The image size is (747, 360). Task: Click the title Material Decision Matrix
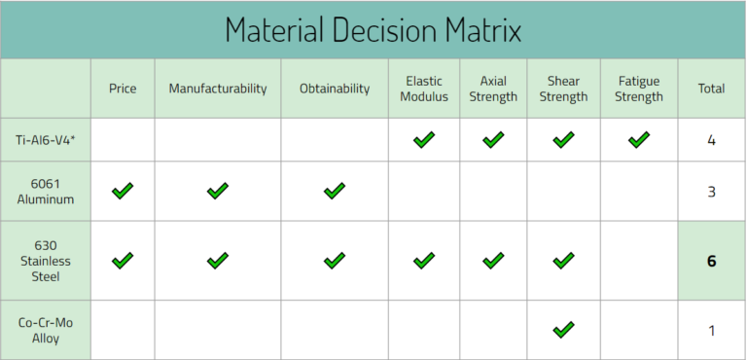[373, 29]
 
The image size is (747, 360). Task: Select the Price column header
[123, 89]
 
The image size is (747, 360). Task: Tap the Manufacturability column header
[217, 89]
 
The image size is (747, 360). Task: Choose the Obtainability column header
[335, 89]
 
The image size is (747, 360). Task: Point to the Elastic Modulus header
[423, 89]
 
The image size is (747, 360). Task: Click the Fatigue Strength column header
[639, 89]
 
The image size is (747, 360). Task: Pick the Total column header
[711, 89]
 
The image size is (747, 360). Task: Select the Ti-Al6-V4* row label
[46, 140]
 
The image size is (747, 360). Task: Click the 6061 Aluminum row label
[46, 192]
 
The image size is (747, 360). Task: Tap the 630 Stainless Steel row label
[46, 261]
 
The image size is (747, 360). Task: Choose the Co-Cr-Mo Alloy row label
[46, 330]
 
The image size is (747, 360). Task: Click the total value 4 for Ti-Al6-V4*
[711, 140]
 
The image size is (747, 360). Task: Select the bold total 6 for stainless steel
[711, 261]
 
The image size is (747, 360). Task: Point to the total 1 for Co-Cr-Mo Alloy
[711, 330]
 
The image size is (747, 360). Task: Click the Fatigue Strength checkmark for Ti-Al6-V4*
[639, 140]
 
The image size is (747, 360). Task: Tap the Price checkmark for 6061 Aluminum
[123, 192]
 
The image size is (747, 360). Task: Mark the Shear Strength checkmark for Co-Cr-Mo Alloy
[563, 330]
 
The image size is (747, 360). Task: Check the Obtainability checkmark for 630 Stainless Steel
[335, 261]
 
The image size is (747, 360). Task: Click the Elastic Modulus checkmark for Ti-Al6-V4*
[423, 140]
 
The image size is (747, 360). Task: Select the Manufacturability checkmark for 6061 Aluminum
[217, 192]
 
